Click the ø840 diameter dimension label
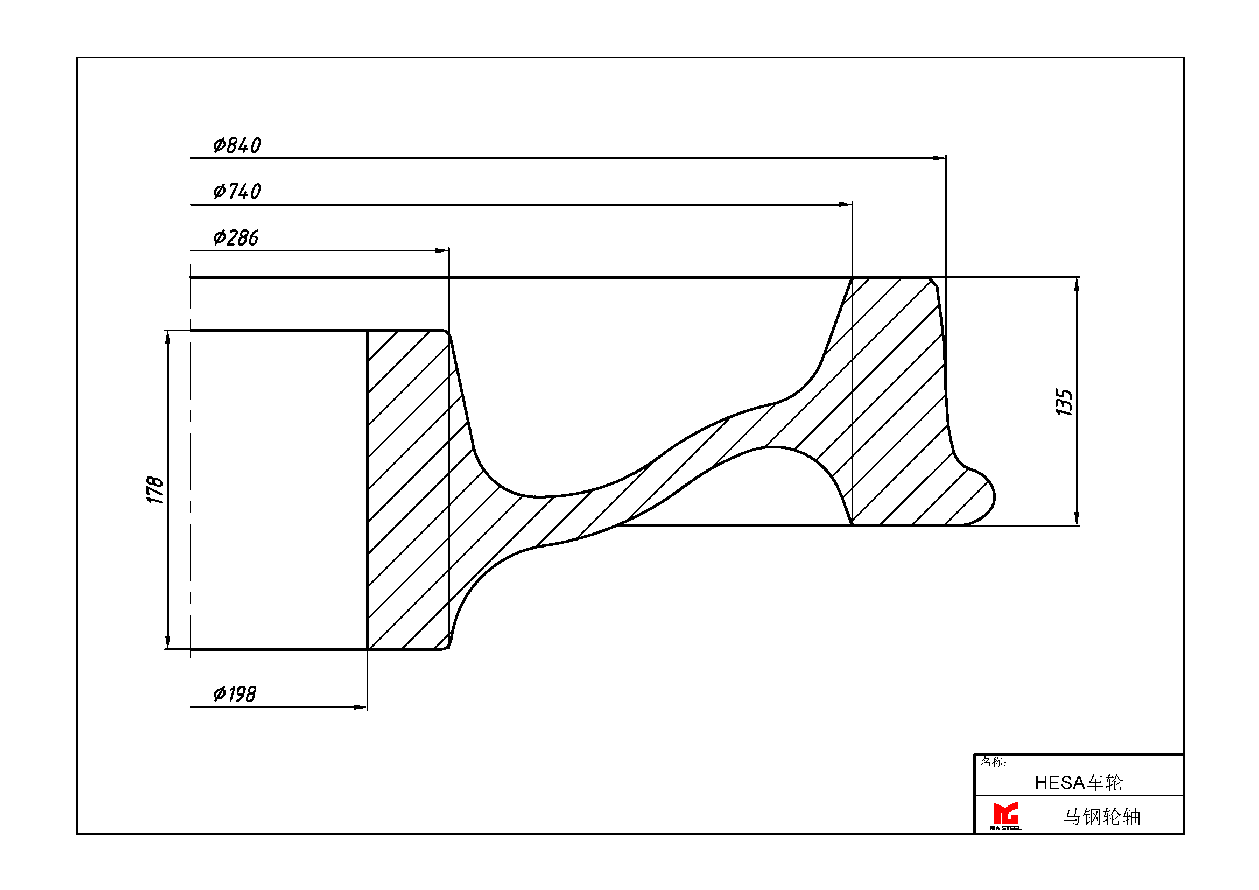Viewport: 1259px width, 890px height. tap(237, 145)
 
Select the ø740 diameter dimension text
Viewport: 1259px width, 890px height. tap(237, 191)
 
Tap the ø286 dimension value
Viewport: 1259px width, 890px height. tap(236, 238)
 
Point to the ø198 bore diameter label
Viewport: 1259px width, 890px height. tap(235, 694)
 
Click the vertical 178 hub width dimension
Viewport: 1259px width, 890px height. tap(155, 490)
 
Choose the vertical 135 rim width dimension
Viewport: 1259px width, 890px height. tap(1064, 403)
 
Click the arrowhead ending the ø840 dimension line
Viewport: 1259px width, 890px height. tap(939, 158)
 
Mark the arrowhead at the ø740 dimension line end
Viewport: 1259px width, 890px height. tap(846, 205)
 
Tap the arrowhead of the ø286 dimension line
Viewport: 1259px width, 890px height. tap(442, 250)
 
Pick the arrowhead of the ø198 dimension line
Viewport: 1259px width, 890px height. tap(361, 707)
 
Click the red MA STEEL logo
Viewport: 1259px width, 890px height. tap(1005, 813)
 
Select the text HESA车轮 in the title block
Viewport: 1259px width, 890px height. tap(1079, 783)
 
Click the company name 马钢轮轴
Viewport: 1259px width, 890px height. tap(1102, 817)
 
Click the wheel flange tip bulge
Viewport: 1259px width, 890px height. tap(982, 496)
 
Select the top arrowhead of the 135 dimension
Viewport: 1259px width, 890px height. tap(1077, 285)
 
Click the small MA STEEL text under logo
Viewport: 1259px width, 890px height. tap(1005, 828)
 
